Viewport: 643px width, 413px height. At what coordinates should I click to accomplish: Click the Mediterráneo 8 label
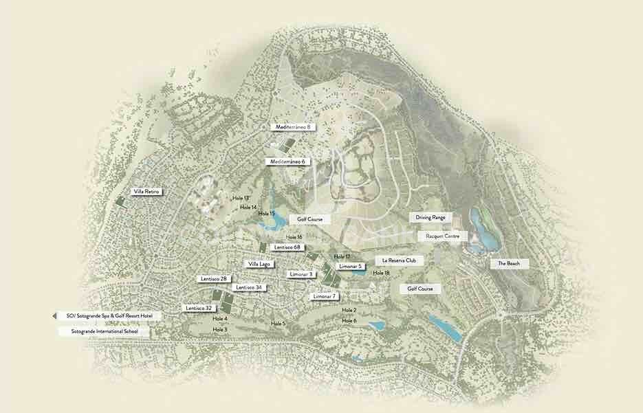pos(293,127)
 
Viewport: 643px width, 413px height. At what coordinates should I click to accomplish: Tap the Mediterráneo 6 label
pos(287,161)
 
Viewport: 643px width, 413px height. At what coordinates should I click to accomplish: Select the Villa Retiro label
pos(147,192)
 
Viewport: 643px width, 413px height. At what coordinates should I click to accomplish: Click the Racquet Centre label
pos(446,236)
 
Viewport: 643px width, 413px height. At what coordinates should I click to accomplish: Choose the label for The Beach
pos(509,263)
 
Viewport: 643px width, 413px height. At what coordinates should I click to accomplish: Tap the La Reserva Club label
pos(400,261)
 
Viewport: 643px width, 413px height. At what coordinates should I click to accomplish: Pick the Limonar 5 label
pos(350,266)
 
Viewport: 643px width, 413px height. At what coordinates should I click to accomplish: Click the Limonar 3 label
pos(301,274)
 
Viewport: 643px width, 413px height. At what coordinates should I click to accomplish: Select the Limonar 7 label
pos(325,296)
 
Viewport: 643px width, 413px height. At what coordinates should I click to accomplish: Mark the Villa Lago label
pos(260,264)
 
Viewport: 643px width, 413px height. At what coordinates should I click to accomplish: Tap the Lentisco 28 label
pos(214,279)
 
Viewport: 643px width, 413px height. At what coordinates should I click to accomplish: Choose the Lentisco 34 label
pos(248,287)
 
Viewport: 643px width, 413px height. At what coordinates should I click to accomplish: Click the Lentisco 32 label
pos(199,309)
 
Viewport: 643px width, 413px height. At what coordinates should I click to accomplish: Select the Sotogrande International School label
pos(104,331)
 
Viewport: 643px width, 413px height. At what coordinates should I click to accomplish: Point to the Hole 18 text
pos(381,274)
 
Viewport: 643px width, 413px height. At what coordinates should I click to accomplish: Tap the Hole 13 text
pos(241,198)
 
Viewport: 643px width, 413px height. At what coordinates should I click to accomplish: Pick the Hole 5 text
pos(278,323)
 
